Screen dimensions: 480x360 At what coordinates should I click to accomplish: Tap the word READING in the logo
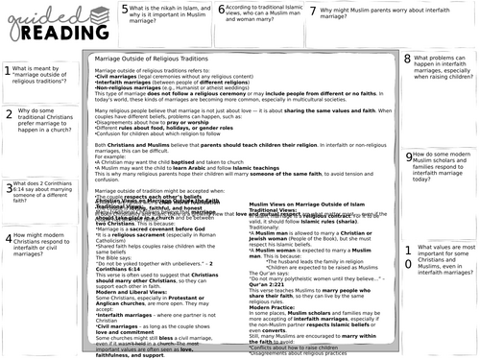tap(60, 35)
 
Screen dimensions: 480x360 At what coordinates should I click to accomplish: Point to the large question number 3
tap(9, 189)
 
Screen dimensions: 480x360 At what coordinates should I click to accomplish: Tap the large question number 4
tap(9, 239)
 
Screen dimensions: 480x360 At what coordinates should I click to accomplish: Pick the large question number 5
tap(126, 11)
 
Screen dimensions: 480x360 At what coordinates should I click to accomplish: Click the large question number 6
tap(221, 11)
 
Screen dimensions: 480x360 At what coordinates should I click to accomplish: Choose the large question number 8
tap(408, 60)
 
